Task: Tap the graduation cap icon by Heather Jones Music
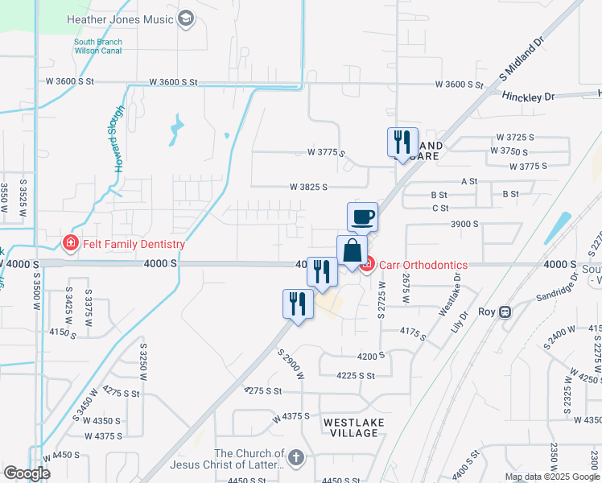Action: [x=186, y=18]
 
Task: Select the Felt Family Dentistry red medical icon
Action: [x=71, y=244]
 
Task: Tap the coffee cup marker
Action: [x=362, y=217]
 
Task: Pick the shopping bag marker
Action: [x=352, y=250]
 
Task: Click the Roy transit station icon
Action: [x=505, y=312]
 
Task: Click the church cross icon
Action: [x=296, y=459]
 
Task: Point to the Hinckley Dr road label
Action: [x=529, y=97]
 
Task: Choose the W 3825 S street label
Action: [x=309, y=187]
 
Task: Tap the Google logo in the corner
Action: [x=27, y=473]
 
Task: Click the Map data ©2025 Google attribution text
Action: [x=551, y=477]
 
